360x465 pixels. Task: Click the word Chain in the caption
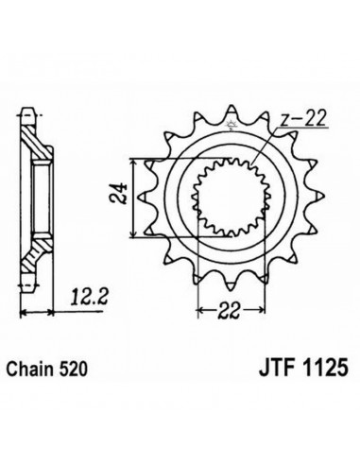29,369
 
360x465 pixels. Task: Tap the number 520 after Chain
72,369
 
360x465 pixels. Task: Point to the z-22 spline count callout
303,119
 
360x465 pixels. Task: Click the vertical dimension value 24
117,194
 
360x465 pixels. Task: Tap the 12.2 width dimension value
89,297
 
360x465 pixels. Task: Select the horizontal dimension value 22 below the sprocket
230,311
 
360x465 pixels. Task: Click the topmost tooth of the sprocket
231,110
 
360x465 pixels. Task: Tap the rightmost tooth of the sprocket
319,197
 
